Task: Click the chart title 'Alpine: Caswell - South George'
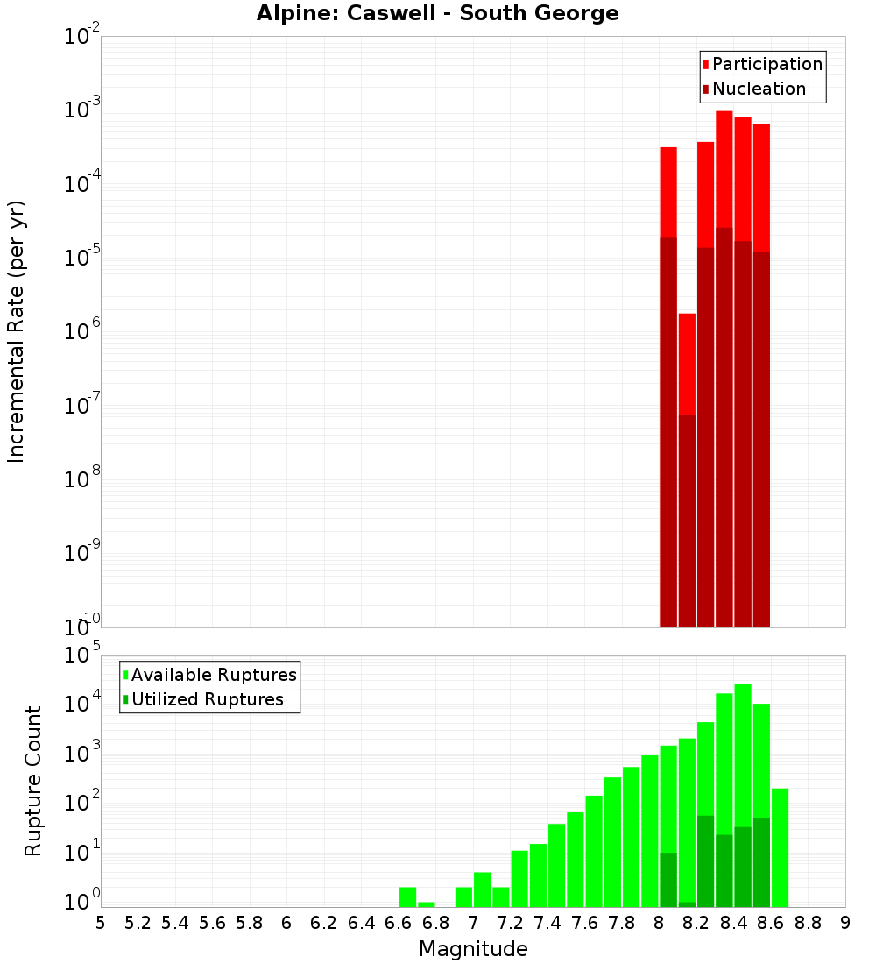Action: coord(437,13)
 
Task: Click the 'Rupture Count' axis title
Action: coord(33,780)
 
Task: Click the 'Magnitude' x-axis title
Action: coord(473,949)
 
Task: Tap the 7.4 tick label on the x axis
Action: coord(547,923)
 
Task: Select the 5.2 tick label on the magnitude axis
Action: coord(138,923)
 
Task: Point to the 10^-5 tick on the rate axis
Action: coord(81,257)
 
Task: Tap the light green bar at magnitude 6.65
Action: coord(407,897)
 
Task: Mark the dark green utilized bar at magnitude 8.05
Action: coord(668,879)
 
